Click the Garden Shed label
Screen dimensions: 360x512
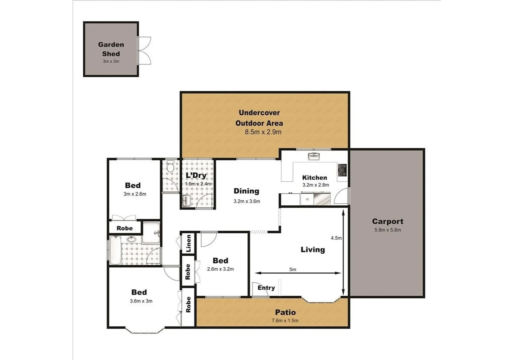[111, 49]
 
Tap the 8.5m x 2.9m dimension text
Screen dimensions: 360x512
[263, 132]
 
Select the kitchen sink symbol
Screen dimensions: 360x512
[313, 156]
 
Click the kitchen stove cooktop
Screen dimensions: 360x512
[342, 170]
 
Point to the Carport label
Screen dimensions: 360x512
[387, 221]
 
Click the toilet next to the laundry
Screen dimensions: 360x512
[170, 166]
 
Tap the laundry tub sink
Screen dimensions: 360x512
[186, 201]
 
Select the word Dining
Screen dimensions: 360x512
[246, 191]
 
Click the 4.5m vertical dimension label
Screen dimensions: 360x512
[336, 238]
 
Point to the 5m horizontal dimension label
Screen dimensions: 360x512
[292, 269]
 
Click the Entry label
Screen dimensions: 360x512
[266, 288]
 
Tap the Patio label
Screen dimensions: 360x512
[285, 312]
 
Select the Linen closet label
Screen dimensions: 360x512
[189, 243]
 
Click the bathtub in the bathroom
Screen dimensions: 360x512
[115, 250]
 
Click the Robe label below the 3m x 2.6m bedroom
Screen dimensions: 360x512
[125, 228]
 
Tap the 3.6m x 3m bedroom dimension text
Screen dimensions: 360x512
[141, 301]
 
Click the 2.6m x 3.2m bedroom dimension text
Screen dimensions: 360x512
[220, 269]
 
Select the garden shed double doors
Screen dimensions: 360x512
[145, 50]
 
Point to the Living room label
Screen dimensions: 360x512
[312, 249]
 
